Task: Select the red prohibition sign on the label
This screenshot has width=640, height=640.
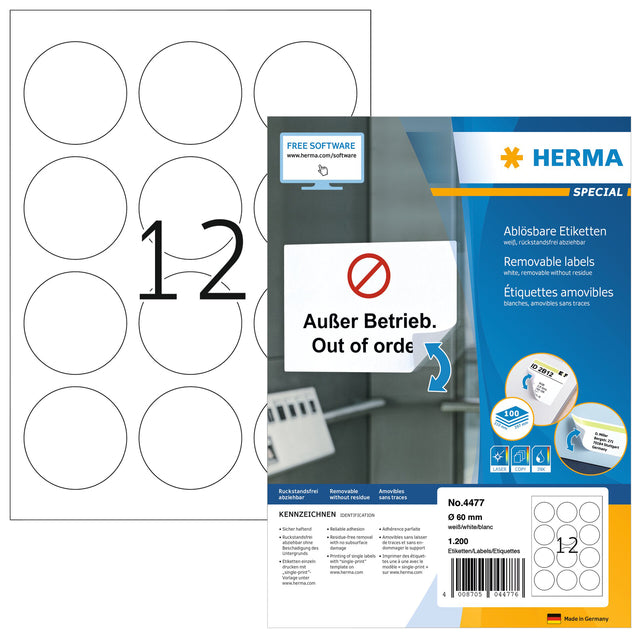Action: click(x=366, y=273)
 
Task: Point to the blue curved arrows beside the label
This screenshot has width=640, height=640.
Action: click(x=438, y=364)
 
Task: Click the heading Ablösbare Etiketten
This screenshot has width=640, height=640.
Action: click(x=551, y=229)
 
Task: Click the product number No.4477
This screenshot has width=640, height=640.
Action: click(x=464, y=490)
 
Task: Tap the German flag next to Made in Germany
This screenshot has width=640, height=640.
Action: click(x=554, y=618)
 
